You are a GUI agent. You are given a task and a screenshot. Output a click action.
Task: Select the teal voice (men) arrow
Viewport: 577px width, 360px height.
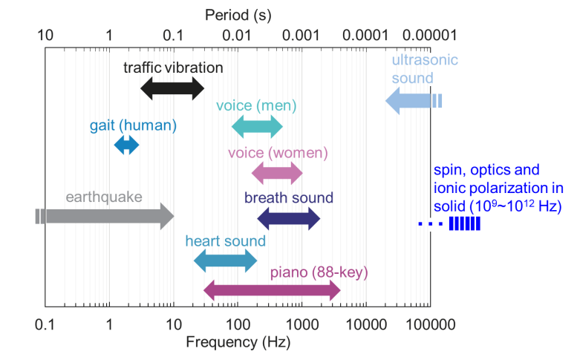pos(257,127)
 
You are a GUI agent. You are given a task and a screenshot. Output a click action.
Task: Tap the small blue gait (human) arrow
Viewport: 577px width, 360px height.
pos(126,145)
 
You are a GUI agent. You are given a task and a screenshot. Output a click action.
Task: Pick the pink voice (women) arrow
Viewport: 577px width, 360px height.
pos(277,174)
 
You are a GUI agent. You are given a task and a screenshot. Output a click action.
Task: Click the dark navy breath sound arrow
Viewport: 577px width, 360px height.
pos(289,218)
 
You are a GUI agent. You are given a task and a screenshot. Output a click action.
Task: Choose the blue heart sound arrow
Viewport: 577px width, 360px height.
pos(225,260)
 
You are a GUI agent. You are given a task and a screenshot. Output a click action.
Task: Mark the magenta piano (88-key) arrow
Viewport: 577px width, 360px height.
pos(272,291)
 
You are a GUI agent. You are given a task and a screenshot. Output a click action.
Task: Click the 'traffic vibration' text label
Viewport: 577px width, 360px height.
pos(173,68)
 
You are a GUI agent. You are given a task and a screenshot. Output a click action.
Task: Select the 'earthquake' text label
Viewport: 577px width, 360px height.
pos(104,197)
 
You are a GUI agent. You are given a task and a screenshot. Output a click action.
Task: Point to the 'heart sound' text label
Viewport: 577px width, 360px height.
pos(226,240)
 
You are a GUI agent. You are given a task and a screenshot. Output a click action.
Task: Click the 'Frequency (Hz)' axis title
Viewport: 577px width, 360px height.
pos(238,343)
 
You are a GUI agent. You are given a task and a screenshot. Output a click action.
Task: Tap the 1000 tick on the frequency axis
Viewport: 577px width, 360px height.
pos(301,324)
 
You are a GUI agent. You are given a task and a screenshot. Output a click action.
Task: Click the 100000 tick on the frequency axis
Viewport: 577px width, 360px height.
pos(430,324)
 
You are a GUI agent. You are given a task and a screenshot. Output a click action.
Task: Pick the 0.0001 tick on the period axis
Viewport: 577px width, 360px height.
pos(366,35)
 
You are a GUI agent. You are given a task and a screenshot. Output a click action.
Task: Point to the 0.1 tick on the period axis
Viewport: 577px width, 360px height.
pos(173,35)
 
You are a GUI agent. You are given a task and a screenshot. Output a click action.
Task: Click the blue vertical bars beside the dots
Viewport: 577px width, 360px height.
pos(465,223)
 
